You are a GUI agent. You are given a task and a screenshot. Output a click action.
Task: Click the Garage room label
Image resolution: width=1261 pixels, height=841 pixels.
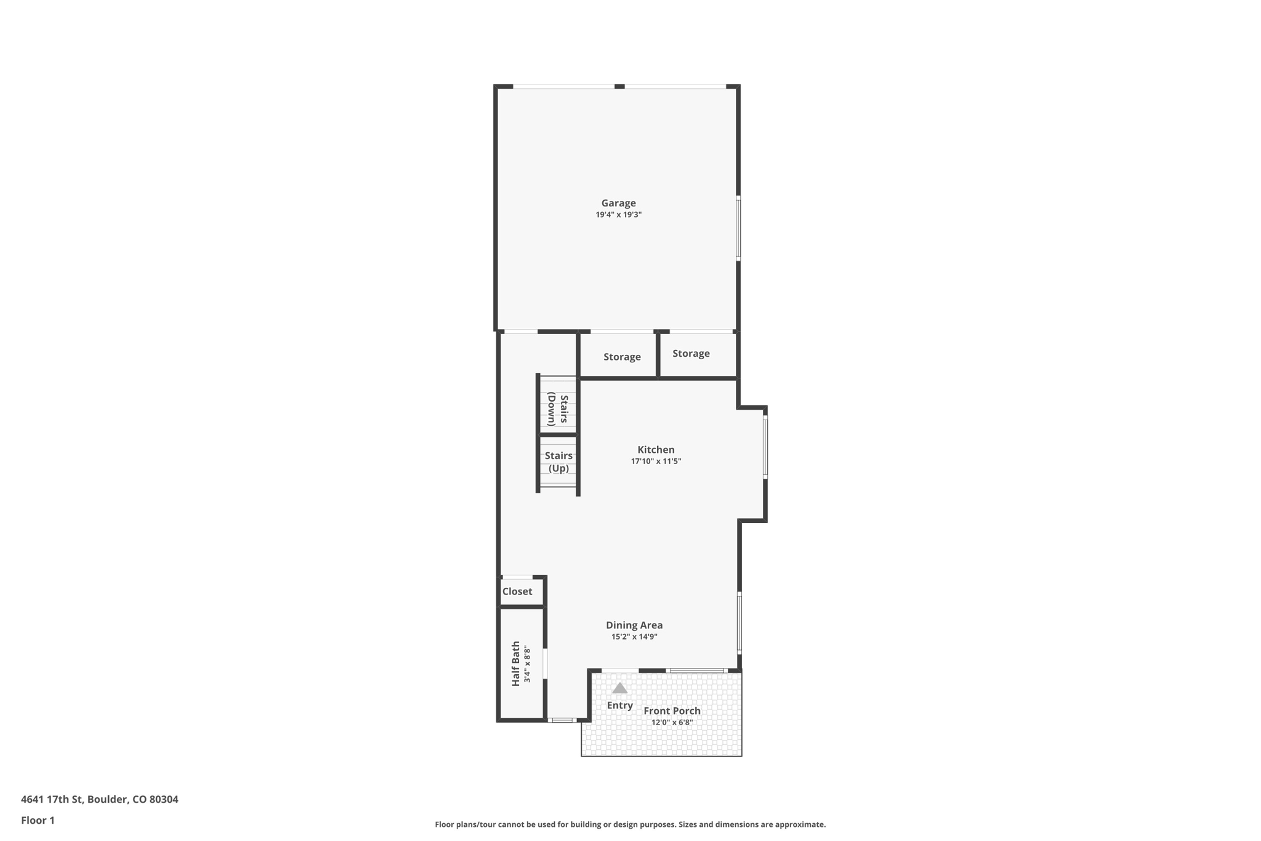coord(618,203)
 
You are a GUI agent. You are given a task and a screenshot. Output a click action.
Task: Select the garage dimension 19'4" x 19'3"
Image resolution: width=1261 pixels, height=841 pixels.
coord(618,215)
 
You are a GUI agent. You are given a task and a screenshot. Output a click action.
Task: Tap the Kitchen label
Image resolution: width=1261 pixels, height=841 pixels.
coord(656,450)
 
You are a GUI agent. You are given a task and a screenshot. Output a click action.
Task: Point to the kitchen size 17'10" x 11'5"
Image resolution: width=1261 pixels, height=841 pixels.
coord(656,461)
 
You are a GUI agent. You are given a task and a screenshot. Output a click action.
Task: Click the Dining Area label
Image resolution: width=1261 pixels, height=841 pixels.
coord(634,625)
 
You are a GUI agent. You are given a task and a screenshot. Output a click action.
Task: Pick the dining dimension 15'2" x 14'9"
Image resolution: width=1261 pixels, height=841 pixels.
coord(634,637)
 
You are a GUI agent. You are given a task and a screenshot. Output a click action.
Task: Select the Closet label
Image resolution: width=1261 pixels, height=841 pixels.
coord(517,591)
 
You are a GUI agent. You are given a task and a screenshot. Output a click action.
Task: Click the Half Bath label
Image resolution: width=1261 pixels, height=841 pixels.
coord(516,664)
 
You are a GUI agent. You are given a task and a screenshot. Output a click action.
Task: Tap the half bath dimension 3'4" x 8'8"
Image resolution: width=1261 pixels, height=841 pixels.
coord(527,664)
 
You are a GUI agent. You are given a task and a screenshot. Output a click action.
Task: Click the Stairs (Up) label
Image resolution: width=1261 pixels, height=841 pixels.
coord(558,462)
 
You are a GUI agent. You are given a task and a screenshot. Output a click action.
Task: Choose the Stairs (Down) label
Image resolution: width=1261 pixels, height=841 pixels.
coord(558,409)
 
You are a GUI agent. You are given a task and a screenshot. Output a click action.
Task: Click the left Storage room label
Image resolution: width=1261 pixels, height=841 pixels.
coord(622,357)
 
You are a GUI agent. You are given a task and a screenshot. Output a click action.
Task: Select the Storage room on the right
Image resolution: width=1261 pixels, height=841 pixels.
coord(691,354)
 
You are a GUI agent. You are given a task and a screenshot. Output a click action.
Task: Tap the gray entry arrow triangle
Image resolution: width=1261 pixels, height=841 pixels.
coord(619,688)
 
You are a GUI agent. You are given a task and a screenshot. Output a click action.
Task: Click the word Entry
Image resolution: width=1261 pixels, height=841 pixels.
coord(619,705)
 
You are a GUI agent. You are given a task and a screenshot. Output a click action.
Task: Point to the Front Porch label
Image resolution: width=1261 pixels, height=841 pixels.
coord(672,711)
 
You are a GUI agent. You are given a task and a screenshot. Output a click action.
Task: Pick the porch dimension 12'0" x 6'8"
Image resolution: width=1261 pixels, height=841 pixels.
coord(672,723)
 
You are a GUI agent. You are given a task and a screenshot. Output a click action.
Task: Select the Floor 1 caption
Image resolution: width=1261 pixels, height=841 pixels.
coord(38,821)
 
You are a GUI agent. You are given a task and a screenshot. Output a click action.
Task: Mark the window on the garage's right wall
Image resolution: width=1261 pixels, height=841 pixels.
coord(738,228)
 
